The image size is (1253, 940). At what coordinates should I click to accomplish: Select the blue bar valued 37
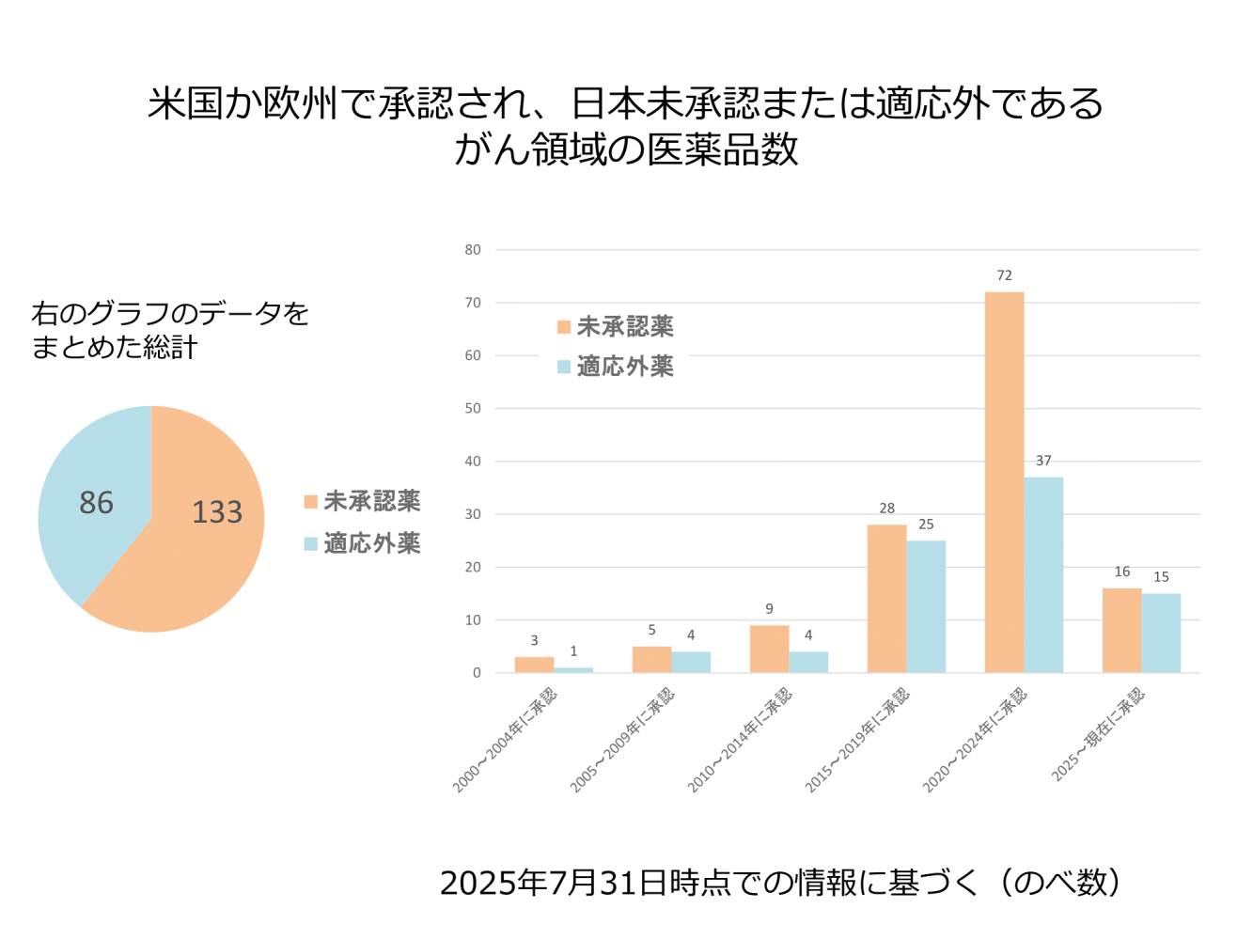1043,574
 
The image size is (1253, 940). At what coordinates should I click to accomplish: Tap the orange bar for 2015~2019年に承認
886,598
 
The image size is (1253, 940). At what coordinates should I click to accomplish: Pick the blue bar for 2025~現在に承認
1161,633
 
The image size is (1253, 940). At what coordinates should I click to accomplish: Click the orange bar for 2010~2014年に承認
769,649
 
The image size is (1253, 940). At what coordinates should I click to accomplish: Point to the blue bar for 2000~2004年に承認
573,670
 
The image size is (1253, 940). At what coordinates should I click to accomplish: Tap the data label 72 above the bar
1004,275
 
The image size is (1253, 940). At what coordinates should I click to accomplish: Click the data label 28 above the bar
886,508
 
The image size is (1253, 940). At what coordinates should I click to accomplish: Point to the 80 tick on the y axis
473,250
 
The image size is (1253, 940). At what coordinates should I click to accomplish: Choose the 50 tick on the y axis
473,409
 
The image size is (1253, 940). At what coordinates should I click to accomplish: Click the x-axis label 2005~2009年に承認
622,740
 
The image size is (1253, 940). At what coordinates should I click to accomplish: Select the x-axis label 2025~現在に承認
1098,734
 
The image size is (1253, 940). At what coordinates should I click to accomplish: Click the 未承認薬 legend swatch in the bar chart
564,327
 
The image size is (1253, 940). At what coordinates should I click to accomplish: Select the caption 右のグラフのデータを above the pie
170,313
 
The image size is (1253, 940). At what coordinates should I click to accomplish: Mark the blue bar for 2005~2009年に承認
691,662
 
